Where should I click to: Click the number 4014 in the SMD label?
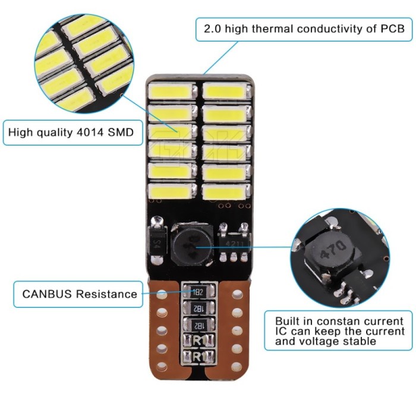coord(90,132)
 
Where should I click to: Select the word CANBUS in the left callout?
coord(47,294)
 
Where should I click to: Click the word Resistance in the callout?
coord(106,294)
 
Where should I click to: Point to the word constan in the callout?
coord(338,322)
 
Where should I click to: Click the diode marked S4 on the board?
coord(158,240)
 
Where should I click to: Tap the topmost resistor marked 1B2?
coord(198,292)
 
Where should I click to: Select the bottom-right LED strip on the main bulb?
coord(226,191)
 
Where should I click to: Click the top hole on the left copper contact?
coord(162,294)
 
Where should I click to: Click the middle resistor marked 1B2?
coord(198,308)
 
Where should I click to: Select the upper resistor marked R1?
coord(198,341)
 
